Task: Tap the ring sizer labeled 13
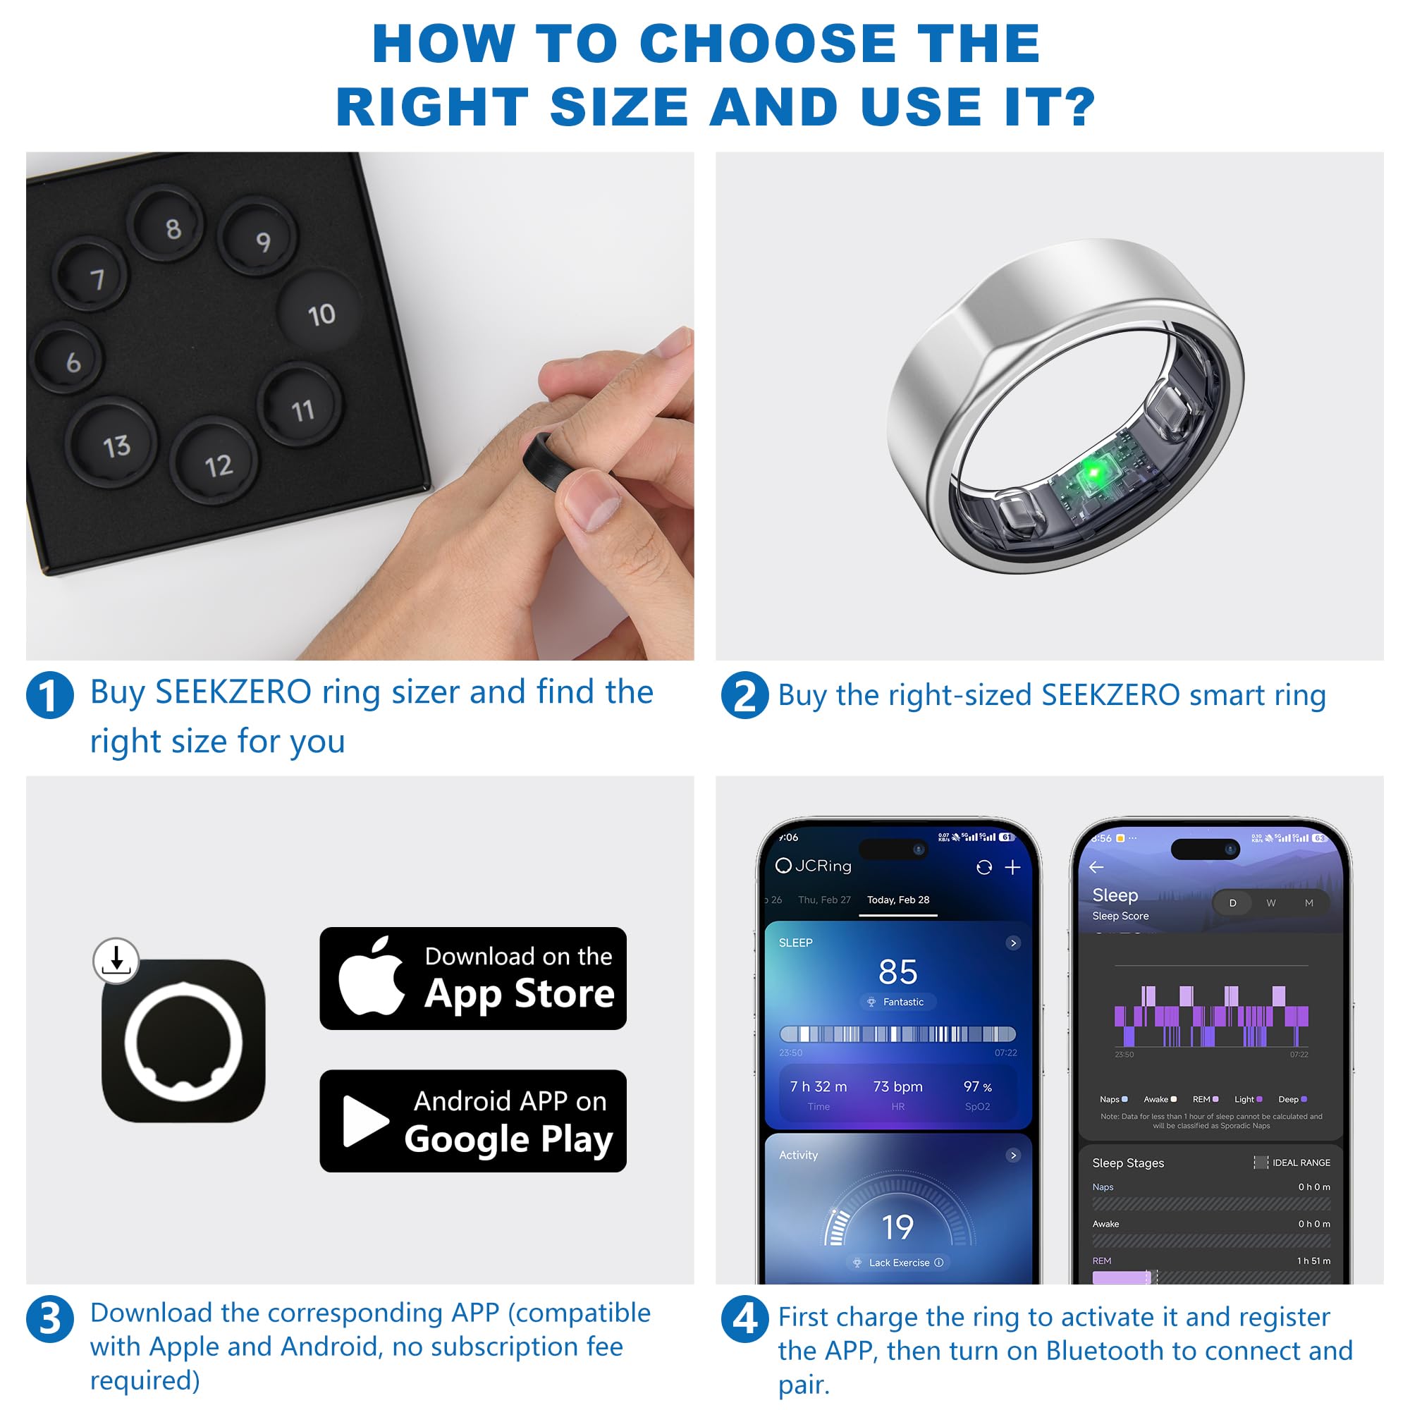(x=111, y=442)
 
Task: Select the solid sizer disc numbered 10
(x=320, y=312)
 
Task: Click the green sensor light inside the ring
(x=1093, y=472)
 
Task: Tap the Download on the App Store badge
(x=473, y=978)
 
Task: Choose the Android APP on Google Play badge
(x=473, y=1121)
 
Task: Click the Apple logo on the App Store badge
(x=372, y=976)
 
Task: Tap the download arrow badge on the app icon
(x=116, y=960)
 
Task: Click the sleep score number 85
(x=897, y=971)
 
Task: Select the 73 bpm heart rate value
(x=897, y=1086)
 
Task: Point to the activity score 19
(x=897, y=1227)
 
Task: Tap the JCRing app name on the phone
(x=823, y=866)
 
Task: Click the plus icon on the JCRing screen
(x=1012, y=867)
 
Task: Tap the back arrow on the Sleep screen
(x=1096, y=867)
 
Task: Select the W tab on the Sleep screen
(x=1270, y=903)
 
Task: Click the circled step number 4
(x=744, y=1320)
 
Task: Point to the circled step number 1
(x=49, y=695)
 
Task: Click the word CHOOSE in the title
(x=768, y=44)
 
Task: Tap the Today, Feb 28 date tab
(x=897, y=900)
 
